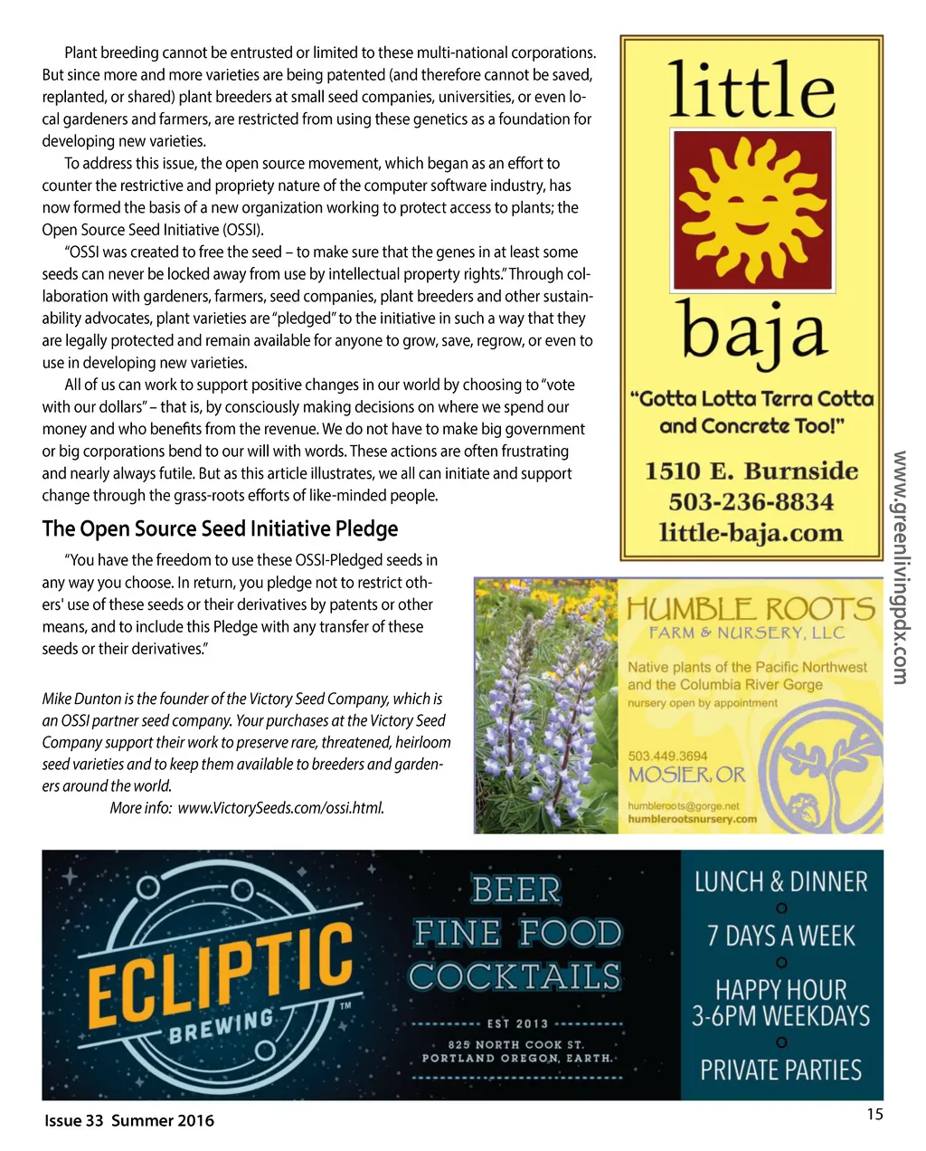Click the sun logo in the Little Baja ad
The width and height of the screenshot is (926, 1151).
click(751, 210)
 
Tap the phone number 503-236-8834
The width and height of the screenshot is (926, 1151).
click(751, 502)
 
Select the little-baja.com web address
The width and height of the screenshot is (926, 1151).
click(751, 533)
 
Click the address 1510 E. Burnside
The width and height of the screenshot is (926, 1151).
click(751, 471)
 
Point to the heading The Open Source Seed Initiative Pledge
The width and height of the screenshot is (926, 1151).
click(220, 528)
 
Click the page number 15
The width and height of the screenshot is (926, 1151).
click(874, 1114)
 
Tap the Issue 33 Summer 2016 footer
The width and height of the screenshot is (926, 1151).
click(129, 1120)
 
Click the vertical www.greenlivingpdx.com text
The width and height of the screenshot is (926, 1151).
click(901, 567)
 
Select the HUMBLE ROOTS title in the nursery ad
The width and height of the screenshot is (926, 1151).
click(751, 609)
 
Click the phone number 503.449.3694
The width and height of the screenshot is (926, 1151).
click(667, 756)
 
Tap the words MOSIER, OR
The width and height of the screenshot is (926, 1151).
click(687, 775)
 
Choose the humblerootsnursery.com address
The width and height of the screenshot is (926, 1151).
click(692, 819)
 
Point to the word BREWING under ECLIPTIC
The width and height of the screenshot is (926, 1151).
click(222, 1028)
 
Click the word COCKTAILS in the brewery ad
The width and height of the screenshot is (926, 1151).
click(515, 977)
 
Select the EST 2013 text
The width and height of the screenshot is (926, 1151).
click(517, 1023)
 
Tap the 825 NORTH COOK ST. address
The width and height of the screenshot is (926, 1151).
click(516, 1044)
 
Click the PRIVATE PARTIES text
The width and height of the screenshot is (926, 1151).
click(780, 1070)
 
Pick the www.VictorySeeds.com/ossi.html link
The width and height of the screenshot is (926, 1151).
click(281, 808)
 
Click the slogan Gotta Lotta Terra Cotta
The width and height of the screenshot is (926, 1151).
click(751, 399)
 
